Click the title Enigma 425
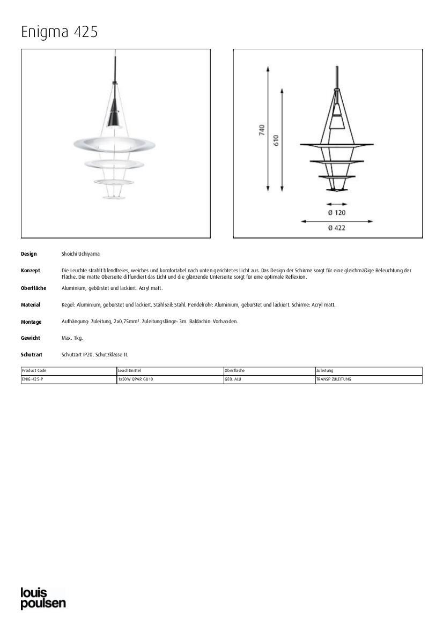60,32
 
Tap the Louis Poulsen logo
43,599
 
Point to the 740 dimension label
262,130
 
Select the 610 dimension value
276,140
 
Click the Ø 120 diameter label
337,213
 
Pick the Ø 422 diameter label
337,228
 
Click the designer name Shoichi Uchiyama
80,254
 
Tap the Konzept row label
31,271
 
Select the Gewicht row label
31,338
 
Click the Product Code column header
34,371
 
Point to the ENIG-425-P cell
33,379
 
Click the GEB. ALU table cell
233,379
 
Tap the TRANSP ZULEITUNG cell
334,379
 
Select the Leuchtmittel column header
129,371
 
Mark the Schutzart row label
32,355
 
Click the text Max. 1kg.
72,338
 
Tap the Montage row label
31,322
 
